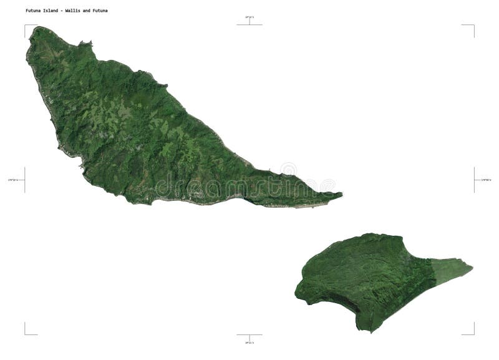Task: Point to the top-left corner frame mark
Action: pos(26,26)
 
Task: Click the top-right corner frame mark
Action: pos(473,26)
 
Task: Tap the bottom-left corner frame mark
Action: pos(26,333)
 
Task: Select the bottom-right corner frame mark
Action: pos(473,333)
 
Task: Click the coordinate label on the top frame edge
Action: pos(249,17)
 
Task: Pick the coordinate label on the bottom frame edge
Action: pos(249,342)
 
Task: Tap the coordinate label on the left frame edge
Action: pos(13,180)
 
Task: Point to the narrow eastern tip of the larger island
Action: pos(341,195)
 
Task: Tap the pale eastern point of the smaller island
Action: pos(471,268)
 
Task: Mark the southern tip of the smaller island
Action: pos(372,331)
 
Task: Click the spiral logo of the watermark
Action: pos(288,170)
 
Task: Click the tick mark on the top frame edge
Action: pos(249,23)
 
